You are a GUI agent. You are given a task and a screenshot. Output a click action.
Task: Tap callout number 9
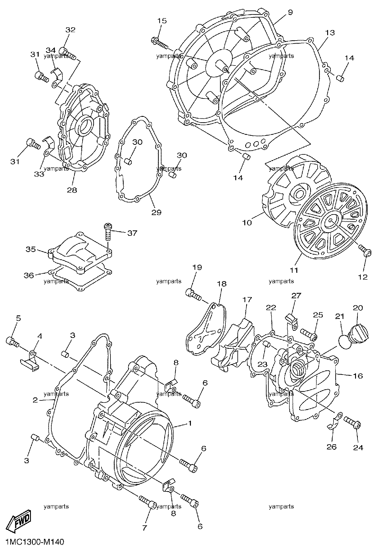tap(290, 12)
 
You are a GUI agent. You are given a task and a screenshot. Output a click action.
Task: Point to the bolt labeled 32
tap(68, 53)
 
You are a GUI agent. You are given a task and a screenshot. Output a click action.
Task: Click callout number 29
tap(156, 212)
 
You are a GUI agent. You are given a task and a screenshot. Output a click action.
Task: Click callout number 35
tap(31, 249)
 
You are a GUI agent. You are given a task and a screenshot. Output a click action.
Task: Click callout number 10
tap(248, 223)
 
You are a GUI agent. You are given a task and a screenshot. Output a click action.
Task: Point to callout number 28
tap(72, 190)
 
